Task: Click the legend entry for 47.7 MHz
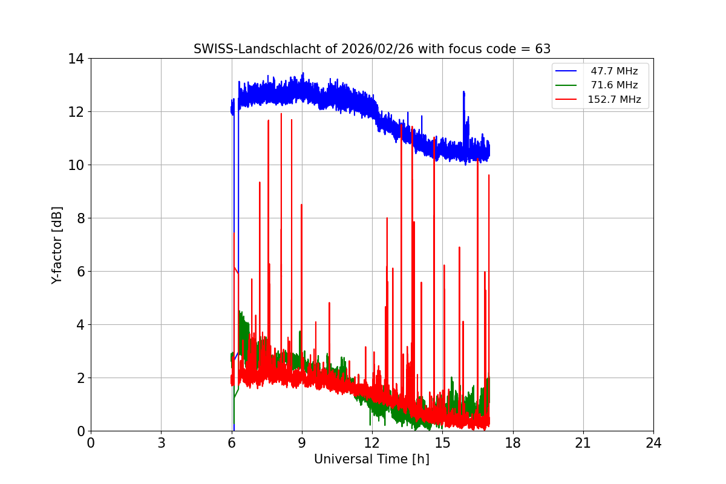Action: (614, 71)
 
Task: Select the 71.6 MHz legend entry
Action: (614, 85)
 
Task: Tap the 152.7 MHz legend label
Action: (614, 100)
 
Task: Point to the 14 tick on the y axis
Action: (76, 59)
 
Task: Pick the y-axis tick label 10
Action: (76, 165)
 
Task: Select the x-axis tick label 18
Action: (513, 443)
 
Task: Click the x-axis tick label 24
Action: (653, 443)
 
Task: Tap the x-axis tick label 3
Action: (161, 443)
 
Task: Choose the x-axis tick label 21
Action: (583, 443)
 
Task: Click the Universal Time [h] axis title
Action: (371, 460)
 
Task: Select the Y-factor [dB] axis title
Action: (57, 245)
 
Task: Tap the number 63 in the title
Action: (543, 49)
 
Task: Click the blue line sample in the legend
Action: (567, 71)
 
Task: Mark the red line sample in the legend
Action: (567, 100)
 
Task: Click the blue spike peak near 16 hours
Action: (463, 92)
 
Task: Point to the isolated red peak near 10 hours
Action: (329, 302)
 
